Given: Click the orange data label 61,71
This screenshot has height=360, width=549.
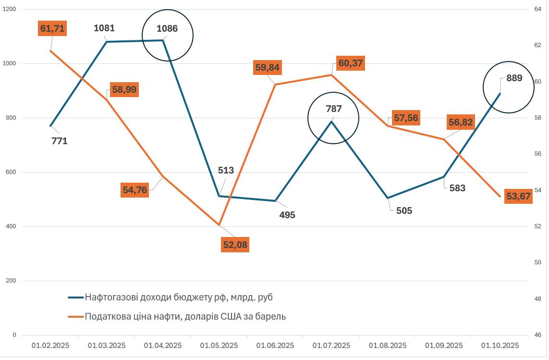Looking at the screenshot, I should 52,28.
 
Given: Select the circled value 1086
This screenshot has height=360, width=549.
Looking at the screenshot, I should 167,29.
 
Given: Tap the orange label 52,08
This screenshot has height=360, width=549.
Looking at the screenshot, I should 235,245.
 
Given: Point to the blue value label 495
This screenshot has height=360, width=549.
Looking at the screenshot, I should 287,215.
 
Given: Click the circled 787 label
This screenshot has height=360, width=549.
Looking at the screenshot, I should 334,109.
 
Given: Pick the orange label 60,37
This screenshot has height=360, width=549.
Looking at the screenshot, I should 351,63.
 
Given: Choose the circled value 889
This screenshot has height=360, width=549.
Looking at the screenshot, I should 514,78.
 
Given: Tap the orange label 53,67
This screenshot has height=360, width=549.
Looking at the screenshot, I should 518,197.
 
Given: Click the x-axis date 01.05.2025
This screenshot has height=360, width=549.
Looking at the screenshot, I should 219,346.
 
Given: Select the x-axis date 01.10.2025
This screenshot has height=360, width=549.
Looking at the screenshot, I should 500,346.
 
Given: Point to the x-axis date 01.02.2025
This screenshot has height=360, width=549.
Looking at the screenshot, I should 50,346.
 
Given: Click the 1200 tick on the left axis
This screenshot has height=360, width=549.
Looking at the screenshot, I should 10,9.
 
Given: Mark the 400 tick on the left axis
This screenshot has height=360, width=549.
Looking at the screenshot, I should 11,226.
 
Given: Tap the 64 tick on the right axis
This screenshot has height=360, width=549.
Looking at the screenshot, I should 538,9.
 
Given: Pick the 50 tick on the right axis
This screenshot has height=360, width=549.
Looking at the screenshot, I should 538,262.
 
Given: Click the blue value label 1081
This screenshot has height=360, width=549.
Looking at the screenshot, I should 104,28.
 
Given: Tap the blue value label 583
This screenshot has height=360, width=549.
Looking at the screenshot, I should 457,188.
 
